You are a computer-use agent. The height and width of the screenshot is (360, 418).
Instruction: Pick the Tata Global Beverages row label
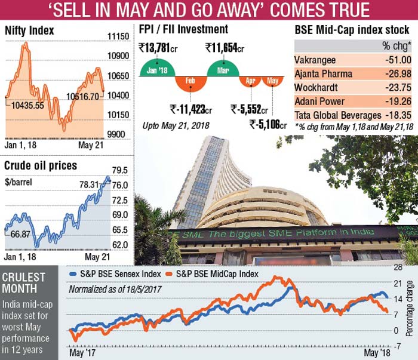(338, 115)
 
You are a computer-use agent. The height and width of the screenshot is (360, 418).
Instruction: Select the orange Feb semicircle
(190, 84)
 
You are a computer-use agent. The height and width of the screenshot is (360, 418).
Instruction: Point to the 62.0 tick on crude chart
(119, 244)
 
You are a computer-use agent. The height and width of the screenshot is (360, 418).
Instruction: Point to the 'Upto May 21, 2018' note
(171, 127)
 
